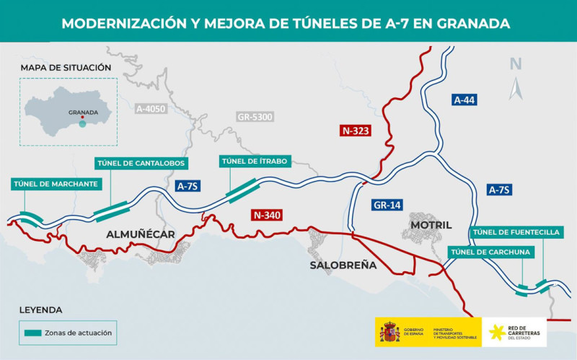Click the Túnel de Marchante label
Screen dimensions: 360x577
click(55, 184)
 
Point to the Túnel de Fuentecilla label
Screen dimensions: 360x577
click(516, 232)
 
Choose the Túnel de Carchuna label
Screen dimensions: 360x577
click(490, 251)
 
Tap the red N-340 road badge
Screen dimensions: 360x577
click(266, 214)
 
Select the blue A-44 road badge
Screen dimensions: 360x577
click(465, 100)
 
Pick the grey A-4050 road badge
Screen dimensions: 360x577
click(151, 109)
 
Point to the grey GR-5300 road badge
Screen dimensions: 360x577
click(255, 116)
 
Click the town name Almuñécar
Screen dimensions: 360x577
click(141, 234)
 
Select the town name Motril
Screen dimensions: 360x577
click(431, 225)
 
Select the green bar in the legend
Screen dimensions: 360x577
click(42, 333)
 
